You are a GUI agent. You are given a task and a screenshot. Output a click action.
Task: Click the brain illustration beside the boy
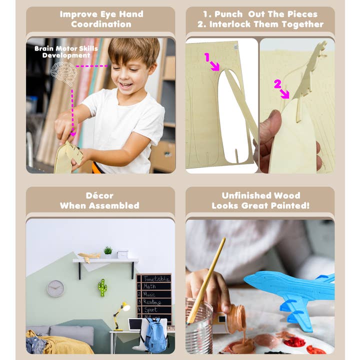click(x=64, y=72)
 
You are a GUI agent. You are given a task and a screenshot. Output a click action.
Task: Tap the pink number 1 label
click(x=206, y=57)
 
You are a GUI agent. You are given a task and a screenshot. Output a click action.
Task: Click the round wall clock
click(x=55, y=288)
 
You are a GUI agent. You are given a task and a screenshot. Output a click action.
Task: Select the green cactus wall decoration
click(x=102, y=287)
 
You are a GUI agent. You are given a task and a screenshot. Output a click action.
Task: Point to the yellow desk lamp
click(x=120, y=313)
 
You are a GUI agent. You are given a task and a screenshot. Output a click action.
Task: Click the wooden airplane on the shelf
click(x=89, y=256)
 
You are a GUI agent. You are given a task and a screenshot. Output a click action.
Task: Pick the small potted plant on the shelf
click(x=107, y=251)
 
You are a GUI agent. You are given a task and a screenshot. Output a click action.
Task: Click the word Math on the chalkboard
click(x=149, y=286)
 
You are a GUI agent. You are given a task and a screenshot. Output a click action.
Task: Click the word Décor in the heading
click(x=99, y=195)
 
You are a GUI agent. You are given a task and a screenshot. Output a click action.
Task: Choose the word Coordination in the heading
click(x=101, y=24)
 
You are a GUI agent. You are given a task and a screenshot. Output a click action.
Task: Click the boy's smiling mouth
click(x=126, y=84)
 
